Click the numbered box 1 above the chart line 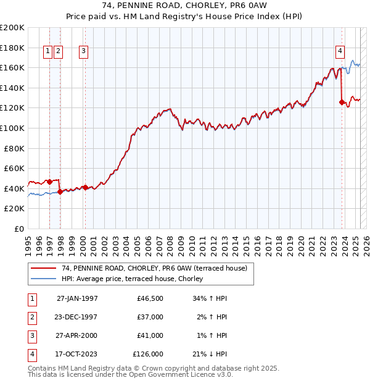pos(47,52)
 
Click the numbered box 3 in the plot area pos(83,52)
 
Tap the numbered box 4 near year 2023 pos(340,52)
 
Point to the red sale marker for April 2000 pos(85,187)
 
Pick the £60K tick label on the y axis pos(14,168)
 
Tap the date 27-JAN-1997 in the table pos(77,298)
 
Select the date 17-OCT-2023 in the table pos(77,354)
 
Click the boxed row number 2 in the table pos(31,317)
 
